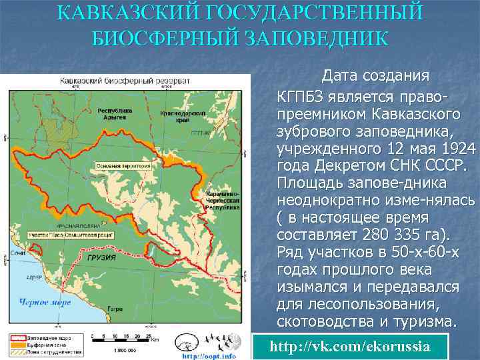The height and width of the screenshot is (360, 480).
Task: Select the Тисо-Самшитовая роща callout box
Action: [x=70, y=235]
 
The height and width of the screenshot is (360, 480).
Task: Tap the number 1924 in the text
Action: [x=455, y=148]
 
